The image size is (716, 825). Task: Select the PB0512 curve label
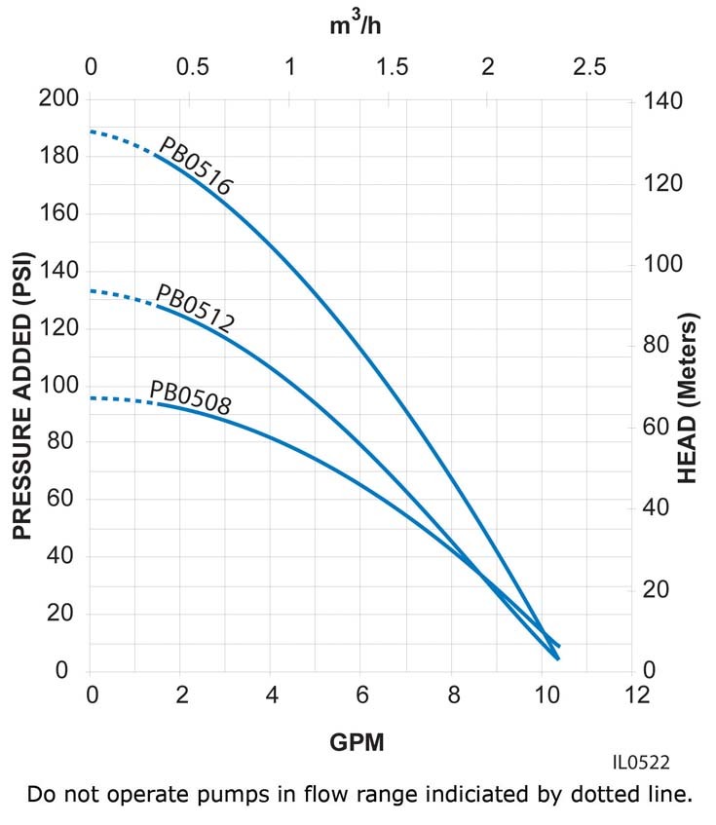pyautogui.click(x=196, y=309)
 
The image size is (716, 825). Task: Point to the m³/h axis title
pyautogui.click(x=355, y=25)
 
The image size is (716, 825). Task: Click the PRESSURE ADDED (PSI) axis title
pyautogui.click(x=22, y=397)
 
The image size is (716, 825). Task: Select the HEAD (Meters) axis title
pyautogui.click(x=689, y=398)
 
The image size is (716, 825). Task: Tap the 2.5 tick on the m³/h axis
pyautogui.click(x=589, y=67)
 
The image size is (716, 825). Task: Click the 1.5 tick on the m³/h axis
pyautogui.click(x=392, y=67)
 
